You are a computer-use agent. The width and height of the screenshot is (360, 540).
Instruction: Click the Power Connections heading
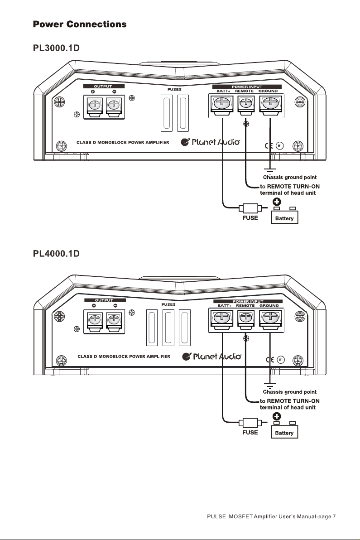point(80,24)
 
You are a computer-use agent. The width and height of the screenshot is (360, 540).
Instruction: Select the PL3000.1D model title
point(56,48)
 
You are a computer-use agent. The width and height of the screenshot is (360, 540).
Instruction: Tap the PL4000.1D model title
point(56,254)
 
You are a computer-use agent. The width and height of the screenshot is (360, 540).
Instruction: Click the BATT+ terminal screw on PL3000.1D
point(222,102)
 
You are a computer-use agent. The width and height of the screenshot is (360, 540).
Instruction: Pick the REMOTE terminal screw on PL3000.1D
point(246,102)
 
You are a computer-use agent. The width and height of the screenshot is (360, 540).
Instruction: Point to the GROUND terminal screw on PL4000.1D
point(271,317)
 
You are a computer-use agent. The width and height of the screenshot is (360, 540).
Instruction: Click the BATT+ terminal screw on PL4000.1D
point(222,317)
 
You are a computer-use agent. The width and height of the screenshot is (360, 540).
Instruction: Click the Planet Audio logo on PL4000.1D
point(212,357)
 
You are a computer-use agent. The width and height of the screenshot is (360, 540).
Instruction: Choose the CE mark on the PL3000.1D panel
point(269,145)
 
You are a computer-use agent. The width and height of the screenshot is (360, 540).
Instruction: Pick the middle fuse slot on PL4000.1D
point(168,328)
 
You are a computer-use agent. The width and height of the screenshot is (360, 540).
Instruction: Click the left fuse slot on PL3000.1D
point(167,113)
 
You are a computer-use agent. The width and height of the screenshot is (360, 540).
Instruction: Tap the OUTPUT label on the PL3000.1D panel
point(103,87)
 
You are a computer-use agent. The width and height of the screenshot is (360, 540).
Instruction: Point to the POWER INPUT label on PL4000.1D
point(248,301)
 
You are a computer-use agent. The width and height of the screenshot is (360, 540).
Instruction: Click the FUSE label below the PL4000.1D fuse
point(250,432)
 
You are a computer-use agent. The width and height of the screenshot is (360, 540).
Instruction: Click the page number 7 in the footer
point(334,516)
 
